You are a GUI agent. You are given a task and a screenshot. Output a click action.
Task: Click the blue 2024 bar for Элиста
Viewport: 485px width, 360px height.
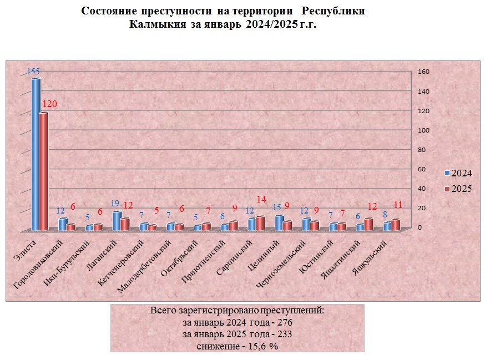click(x=36, y=155)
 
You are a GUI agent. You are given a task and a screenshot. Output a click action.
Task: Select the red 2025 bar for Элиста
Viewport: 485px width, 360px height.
click(x=43, y=172)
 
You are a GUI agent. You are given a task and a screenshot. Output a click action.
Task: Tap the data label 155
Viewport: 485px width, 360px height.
click(x=33, y=72)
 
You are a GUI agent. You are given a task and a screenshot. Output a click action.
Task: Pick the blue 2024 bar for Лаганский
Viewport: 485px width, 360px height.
click(x=117, y=221)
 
